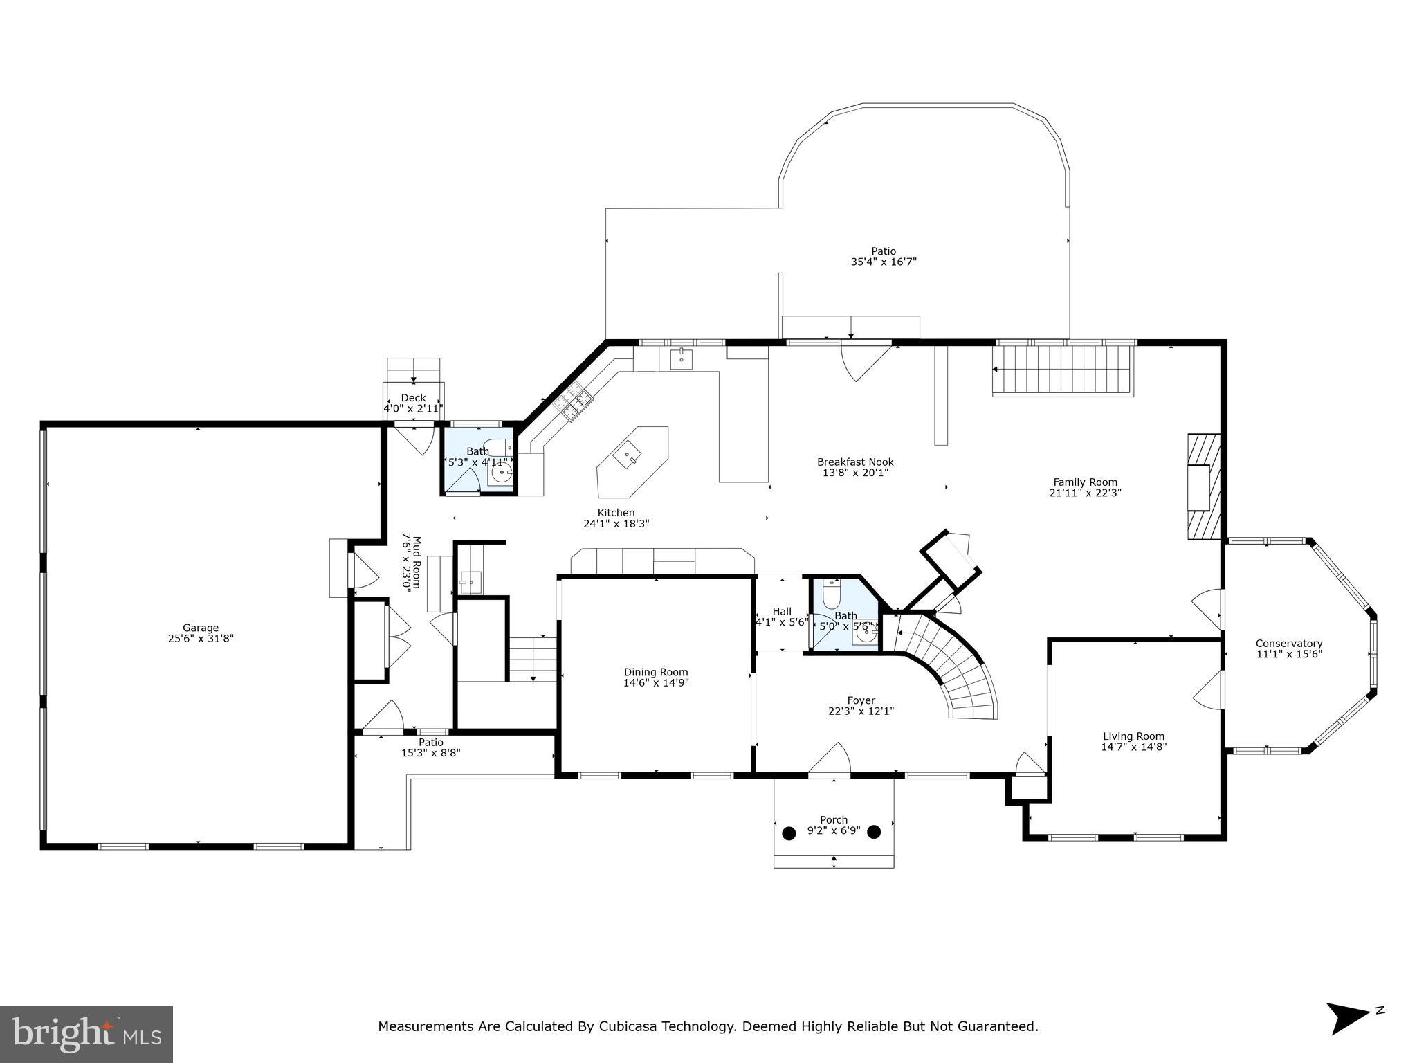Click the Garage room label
(201, 628)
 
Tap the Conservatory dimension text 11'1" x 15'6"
(1289, 654)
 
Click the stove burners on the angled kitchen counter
(575, 404)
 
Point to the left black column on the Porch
(789, 832)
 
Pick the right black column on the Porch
(874, 832)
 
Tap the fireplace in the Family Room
(1203, 487)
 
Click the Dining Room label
(656, 672)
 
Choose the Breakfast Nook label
(855, 462)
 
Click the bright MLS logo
(86, 1034)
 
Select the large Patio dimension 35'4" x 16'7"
(884, 262)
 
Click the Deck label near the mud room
(413, 398)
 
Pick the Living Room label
(1133, 736)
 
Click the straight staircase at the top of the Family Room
(1062, 370)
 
